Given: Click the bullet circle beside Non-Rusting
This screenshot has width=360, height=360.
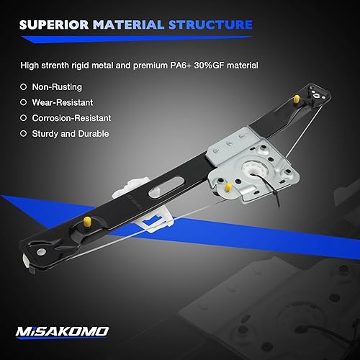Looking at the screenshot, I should coord(24,87).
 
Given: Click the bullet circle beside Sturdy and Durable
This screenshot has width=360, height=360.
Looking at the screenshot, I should coord(24,133).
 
